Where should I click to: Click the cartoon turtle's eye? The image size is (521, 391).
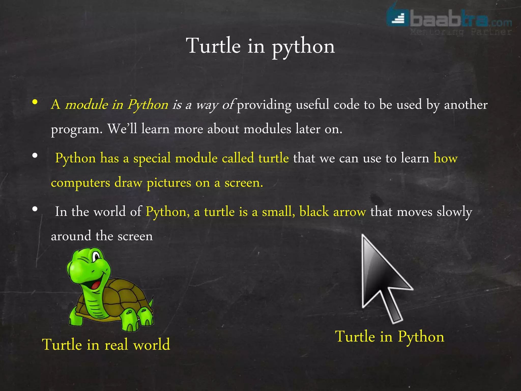96,256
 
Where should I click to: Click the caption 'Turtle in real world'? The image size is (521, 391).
106,345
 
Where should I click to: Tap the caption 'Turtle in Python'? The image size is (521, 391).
389,337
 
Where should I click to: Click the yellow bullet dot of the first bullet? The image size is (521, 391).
35,102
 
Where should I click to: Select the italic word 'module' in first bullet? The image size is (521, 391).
86,105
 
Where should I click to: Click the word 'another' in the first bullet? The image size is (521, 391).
466,105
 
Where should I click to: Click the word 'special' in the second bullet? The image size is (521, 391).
152,158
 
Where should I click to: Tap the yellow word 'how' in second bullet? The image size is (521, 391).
445,158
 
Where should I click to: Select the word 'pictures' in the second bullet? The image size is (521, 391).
169,183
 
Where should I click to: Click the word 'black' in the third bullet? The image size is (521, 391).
314,212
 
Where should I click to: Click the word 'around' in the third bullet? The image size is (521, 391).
71,236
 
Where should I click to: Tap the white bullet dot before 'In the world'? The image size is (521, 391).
35,209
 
